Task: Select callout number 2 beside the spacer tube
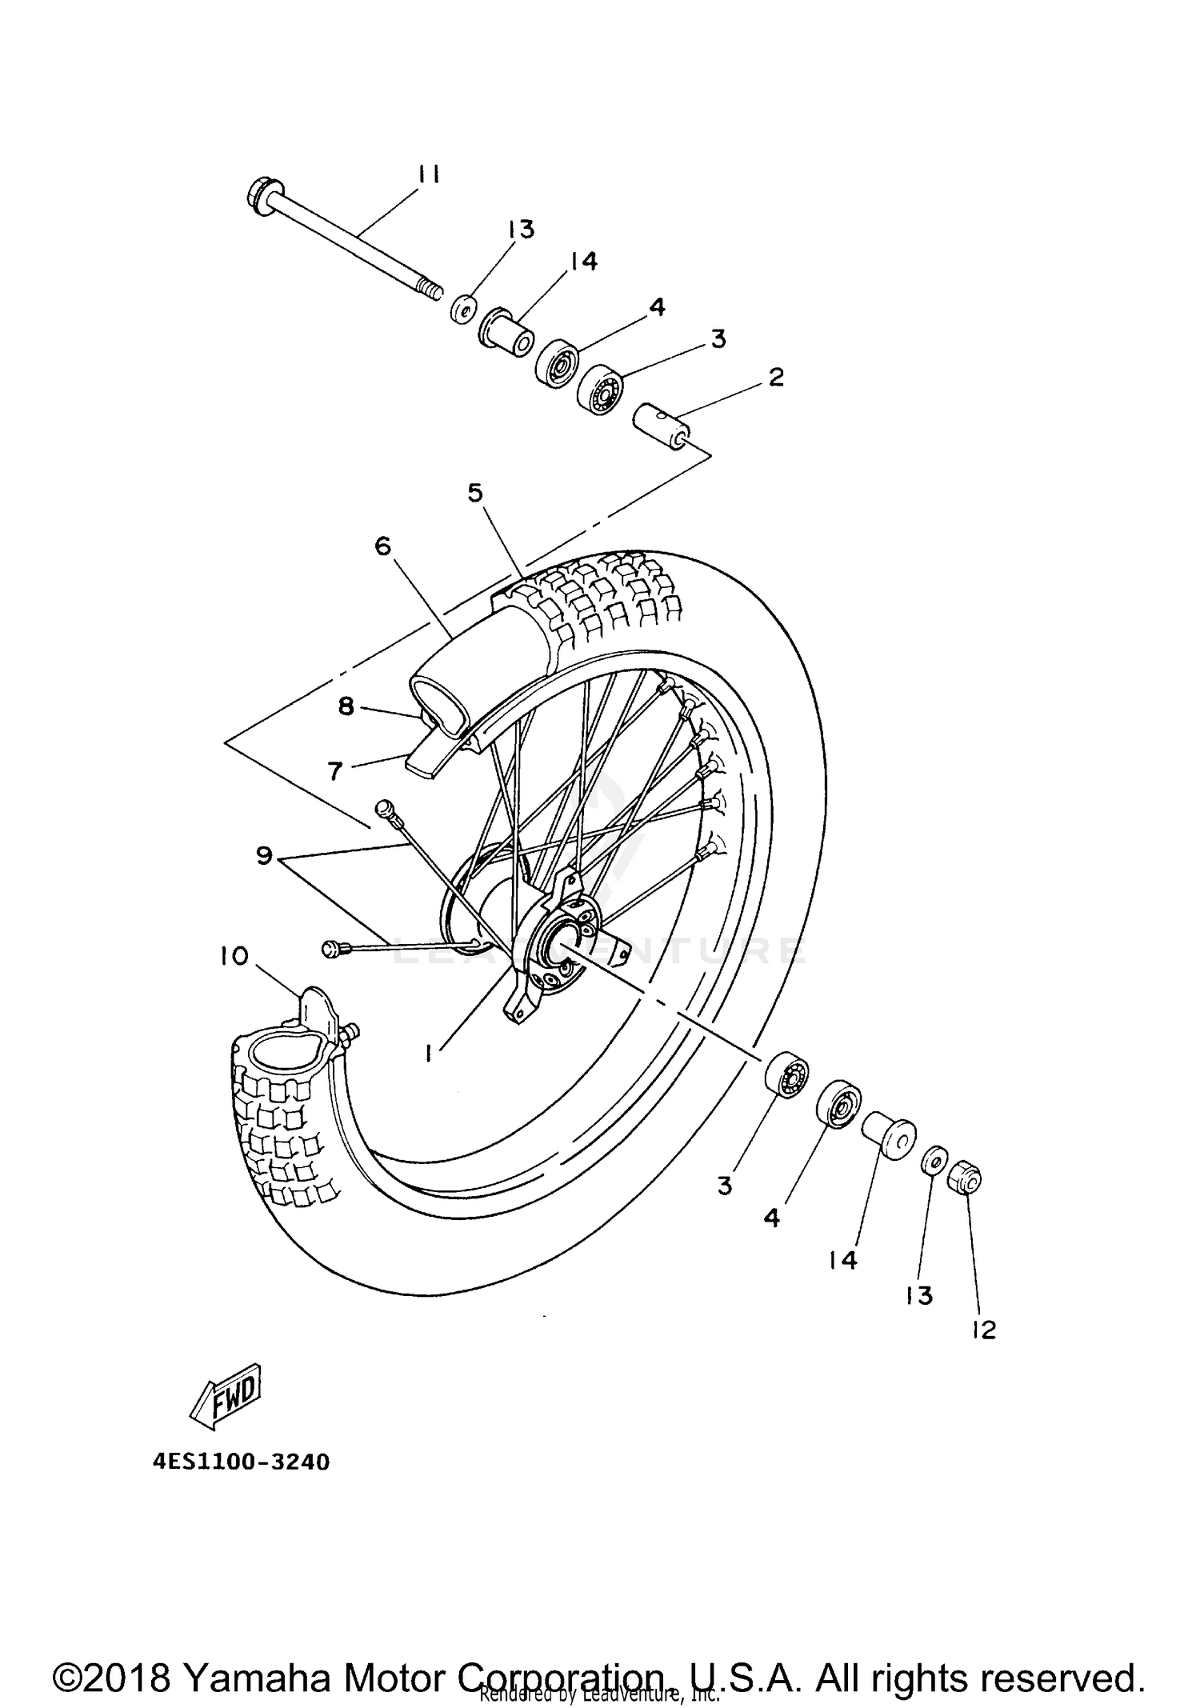(x=775, y=377)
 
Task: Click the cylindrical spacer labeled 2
(x=660, y=426)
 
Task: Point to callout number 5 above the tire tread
(x=475, y=494)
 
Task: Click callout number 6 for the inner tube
(x=383, y=546)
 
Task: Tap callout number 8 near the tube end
(x=346, y=707)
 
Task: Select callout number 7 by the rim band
(x=334, y=771)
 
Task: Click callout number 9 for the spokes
(x=265, y=856)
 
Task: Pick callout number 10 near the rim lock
(x=235, y=956)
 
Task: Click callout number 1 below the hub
(x=430, y=1054)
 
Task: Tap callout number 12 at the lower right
(x=985, y=1330)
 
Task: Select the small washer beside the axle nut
(x=934, y=1158)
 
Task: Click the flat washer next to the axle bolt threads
(x=463, y=308)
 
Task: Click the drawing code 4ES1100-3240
(x=241, y=1462)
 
